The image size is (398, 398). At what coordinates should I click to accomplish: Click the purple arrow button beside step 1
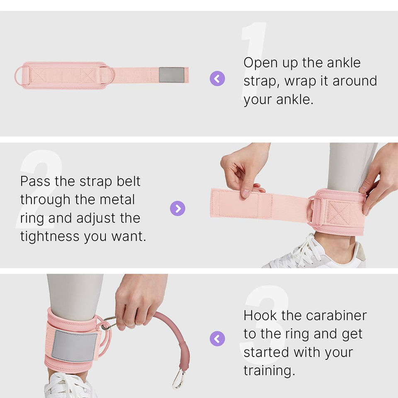tap(217, 78)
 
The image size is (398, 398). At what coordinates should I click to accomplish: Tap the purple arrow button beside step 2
tap(178, 209)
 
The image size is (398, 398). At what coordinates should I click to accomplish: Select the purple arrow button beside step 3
tap(217, 338)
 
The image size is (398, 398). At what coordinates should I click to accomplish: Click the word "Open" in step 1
tap(260, 63)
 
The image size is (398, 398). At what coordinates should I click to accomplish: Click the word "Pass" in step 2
tap(35, 181)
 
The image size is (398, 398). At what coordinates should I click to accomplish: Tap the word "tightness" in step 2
tap(50, 236)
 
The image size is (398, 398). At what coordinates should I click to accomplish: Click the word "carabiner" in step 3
tap(336, 315)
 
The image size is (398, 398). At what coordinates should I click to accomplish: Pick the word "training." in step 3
tap(269, 371)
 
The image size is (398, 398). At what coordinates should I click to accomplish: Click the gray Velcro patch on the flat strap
tap(172, 75)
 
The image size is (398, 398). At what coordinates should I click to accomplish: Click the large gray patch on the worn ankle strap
tap(75, 346)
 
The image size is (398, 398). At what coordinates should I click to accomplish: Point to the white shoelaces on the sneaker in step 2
tap(303, 251)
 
